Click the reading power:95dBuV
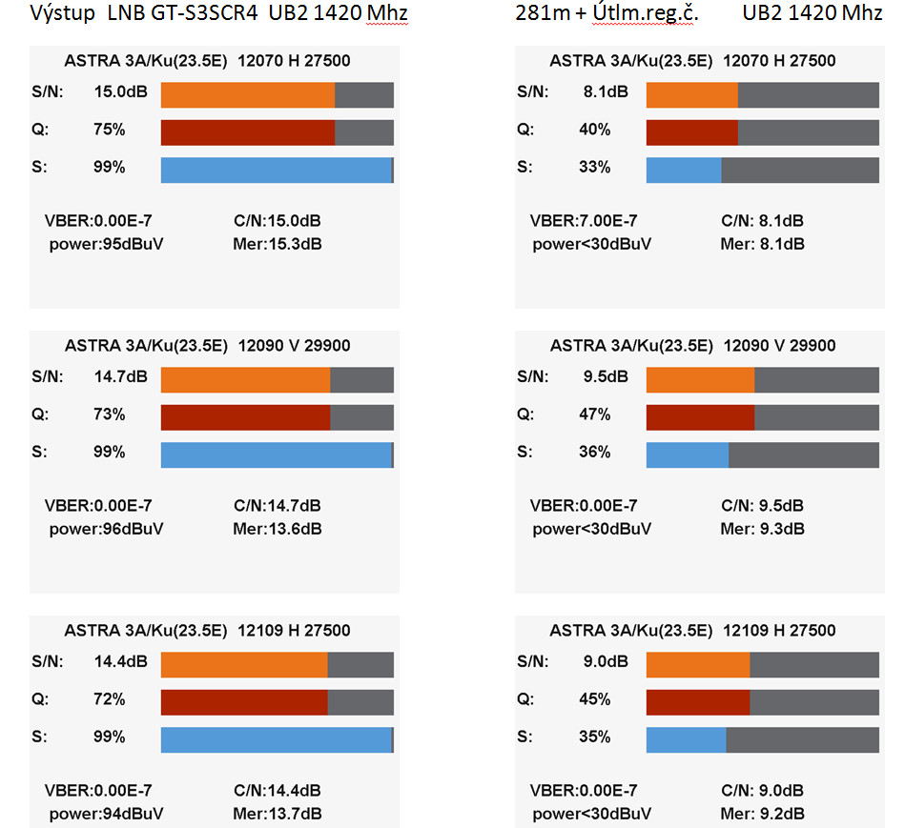(106, 244)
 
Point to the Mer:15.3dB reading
(278, 244)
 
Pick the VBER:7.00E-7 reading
(584, 221)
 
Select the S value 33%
(594, 168)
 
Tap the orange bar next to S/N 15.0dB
(248, 95)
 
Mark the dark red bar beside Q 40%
(692, 132)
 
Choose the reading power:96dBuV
(106, 529)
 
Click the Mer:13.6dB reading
(278, 529)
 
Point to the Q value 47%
(594, 414)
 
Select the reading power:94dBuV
(106, 814)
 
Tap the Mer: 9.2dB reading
(763, 814)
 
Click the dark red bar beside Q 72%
(244, 702)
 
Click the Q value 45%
(594, 699)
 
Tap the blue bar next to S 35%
(687, 739)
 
